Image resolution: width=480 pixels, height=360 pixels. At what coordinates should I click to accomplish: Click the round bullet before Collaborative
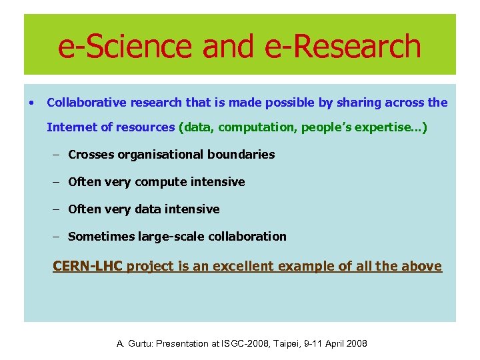[31, 103]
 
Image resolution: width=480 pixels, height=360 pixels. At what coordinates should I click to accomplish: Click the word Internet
[70, 127]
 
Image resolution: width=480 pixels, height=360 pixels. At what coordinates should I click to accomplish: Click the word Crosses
[91, 155]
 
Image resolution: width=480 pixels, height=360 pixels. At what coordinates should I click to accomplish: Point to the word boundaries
[242, 155]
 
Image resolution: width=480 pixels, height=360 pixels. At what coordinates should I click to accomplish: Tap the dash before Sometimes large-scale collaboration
[57, 237]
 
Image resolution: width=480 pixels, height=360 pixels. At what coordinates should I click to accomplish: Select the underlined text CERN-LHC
[87, 267]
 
